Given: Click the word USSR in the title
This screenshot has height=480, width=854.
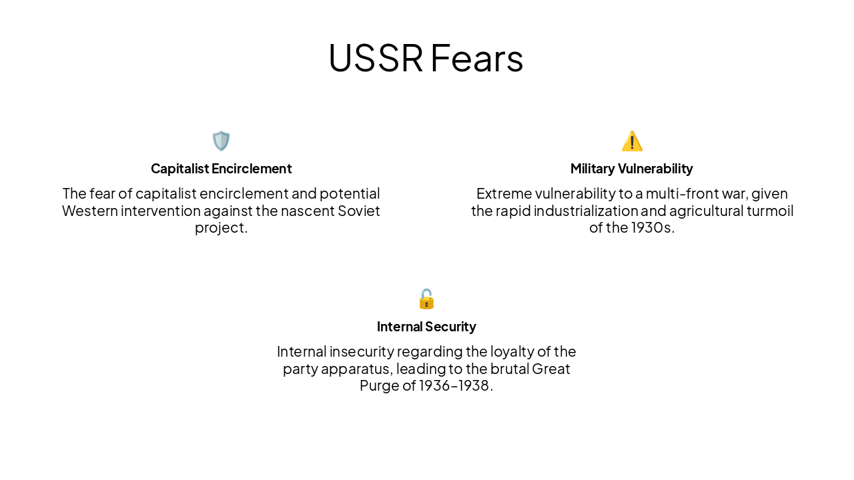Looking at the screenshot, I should [376, 58].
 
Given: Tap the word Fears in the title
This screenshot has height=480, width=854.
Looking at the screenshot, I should [476, 58].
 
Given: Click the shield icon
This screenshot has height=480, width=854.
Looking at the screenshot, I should [221, 141].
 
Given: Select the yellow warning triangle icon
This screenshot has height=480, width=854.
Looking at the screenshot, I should [632, 141].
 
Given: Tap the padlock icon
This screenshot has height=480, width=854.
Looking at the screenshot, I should [426, 299].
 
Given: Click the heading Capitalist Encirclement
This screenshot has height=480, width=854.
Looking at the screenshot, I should [221, 169].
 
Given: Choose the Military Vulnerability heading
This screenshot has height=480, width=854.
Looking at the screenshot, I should [632, 169].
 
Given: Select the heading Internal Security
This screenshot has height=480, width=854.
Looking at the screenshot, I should [426, 327].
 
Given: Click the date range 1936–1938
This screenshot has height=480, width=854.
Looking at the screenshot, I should [454, 386].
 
